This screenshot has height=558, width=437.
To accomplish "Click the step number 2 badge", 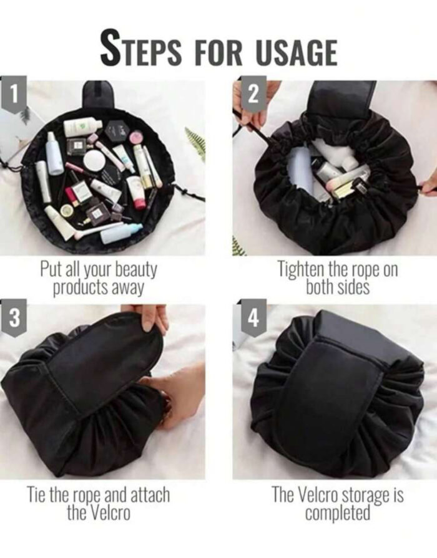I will click(x=253, y=94).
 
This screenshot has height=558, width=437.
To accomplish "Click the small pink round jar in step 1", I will click(x=135, y=136).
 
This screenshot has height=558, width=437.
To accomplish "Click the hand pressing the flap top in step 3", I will click(x=152, y=315).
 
